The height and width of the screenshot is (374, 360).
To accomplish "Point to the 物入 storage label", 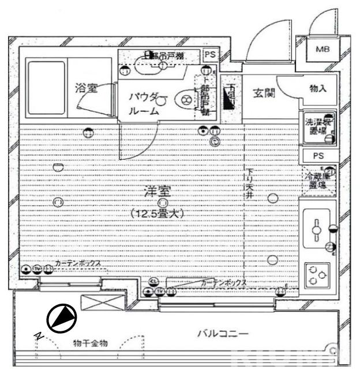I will (x=318, y=89).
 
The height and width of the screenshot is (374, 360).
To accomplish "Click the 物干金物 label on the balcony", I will (x=90, y=343).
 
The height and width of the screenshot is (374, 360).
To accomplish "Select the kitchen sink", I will (x=316, y=229).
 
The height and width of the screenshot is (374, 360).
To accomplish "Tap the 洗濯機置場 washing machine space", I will (x=318, y=127).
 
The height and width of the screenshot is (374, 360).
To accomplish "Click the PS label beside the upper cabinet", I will (x=210, y=54).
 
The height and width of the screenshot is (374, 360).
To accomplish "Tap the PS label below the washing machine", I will (x=318, y=156).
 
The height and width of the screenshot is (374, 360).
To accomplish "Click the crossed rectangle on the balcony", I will (x=102, y=303).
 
